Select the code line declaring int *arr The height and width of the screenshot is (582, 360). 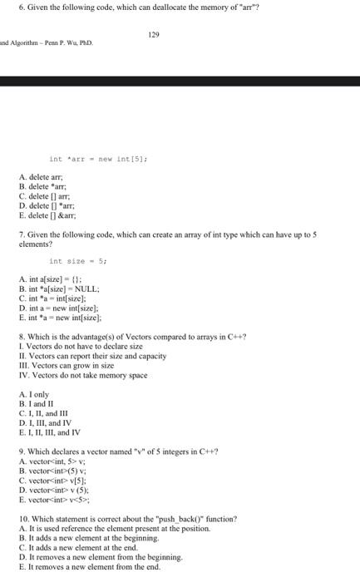click(98, 158)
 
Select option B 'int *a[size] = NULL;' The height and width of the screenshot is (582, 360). click(60, 289)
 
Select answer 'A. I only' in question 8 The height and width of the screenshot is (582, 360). click(37, 393)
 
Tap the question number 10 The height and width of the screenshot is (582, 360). click(24, 518)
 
